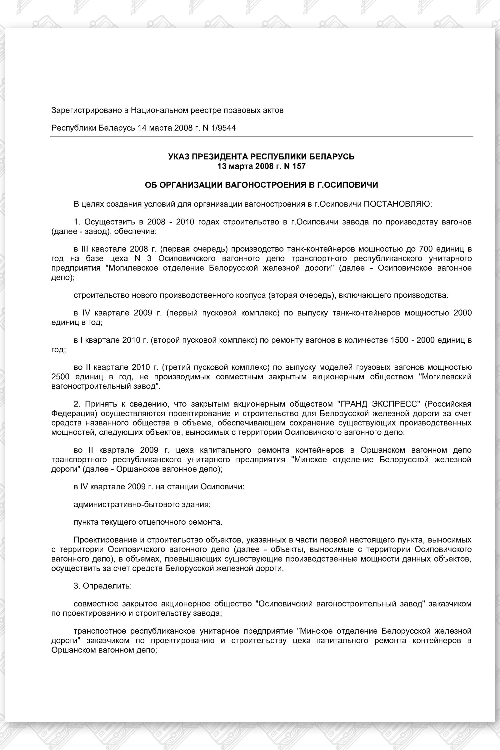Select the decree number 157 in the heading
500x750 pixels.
pyautogui.click(x=299, y=166)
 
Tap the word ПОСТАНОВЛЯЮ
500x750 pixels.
pyautogui.click(x=397, y=204)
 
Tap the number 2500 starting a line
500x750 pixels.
pyautogui.click(x=60, y=377)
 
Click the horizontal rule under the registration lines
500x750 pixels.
pyautogui.click(x=262, y=137)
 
